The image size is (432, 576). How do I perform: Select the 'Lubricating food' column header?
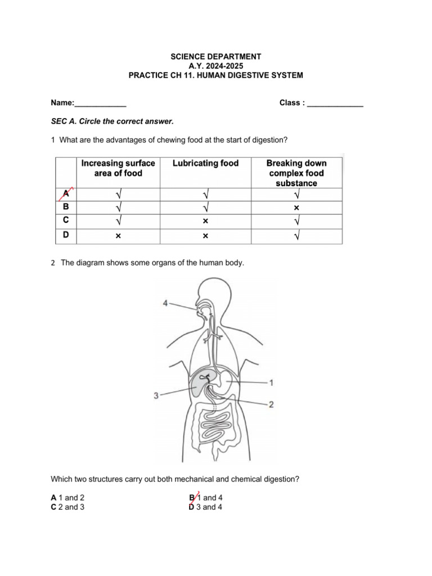tap(205, 164)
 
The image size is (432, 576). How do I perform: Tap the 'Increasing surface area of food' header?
tap(118, 168)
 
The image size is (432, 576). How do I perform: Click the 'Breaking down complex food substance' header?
tap(296, 173)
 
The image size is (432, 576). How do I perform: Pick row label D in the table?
tap(66, 235)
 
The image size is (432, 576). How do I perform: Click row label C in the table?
tap(66, 220)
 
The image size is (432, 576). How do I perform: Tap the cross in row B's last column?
tap(296, 208)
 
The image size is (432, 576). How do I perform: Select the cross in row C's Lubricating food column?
tap(205, 222)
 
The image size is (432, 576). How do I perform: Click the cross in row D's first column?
tap(118, 236)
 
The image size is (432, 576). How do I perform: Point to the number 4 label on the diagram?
tap(165, 303)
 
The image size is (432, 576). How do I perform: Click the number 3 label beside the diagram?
tap(156, 396)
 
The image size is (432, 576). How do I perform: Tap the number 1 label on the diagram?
tap(272, 383)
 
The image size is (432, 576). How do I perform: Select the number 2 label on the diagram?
tap(271, 404)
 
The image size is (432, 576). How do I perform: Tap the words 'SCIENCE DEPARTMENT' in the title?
tap(216, 56)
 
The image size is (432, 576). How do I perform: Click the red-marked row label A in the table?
tap(66, 194)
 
